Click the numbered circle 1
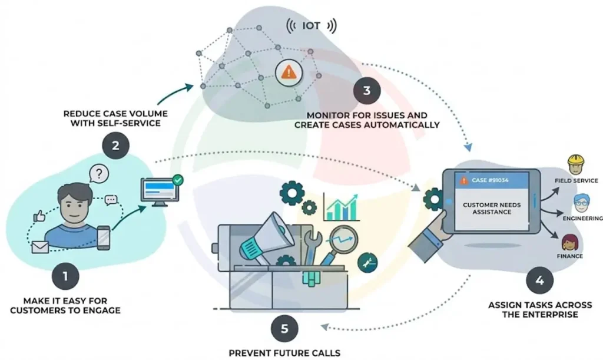click(x=65, y=275)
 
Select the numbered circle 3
click(x=367, y=91)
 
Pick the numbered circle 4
click(x=539, y=280)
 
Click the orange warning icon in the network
click(x=288, y=72)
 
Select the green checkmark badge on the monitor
click(x=178, y=179)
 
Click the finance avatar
click(x=569, y=242)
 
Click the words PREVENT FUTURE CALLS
click(x=284, y=353)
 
